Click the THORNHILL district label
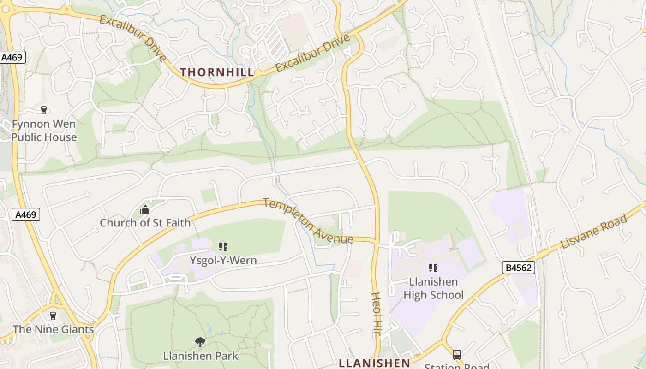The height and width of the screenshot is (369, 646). coord(217,72)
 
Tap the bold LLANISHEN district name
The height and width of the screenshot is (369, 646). coord(374,363)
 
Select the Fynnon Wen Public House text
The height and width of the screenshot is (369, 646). coord(44,131)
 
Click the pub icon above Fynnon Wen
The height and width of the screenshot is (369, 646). coord(44,110)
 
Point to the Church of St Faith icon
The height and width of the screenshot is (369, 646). coord(145,210)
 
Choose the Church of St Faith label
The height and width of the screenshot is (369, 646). coord(145,223)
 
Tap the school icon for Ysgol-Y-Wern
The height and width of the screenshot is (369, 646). coord(223,247)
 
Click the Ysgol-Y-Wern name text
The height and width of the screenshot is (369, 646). coord(223,261)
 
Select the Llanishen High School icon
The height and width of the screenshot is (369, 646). coord(433,268)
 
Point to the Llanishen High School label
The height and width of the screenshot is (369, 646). coord(433,288)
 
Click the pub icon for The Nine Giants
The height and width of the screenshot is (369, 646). coord(53,316)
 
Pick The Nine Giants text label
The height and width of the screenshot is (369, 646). coord(53,329)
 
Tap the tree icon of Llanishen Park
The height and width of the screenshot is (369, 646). coord(200,342)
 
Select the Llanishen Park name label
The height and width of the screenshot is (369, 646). coord(201,356)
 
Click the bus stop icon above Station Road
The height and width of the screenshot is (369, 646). coord(456,354)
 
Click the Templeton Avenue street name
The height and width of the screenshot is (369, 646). coord(308,221)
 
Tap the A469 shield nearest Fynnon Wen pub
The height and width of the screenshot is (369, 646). coord(12,58)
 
